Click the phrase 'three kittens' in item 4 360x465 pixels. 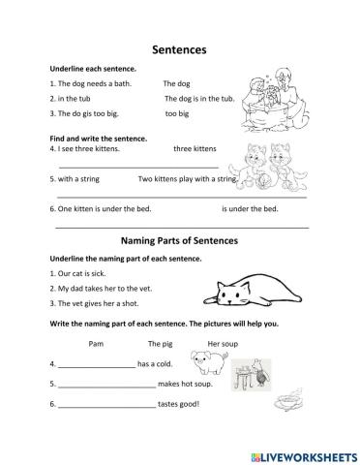point(197,149)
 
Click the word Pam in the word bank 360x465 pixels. point(95,344)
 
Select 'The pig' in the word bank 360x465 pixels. point(160,344)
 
